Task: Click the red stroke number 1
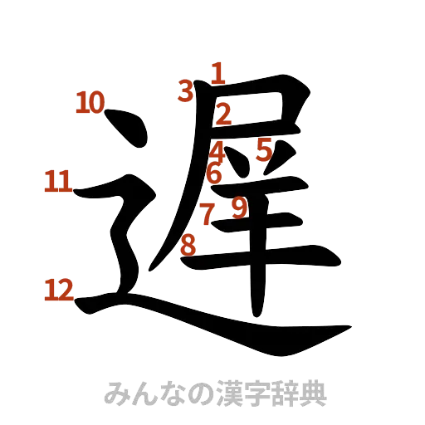pyautogui.click(x=217, y=74)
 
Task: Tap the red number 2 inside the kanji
pyautogui.click(x=222, y=114)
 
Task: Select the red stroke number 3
pyautogui.click(x=186, y=90)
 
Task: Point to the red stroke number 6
pyautogui.click(x=214, y=174)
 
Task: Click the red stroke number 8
pyautogui.click(x=188, y=244)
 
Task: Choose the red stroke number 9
pyautogui.click(x=239, y=207)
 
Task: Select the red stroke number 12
pyautogui.click(x=58, y=289)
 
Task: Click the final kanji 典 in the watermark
pyautogui.click(x=316, y=393)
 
